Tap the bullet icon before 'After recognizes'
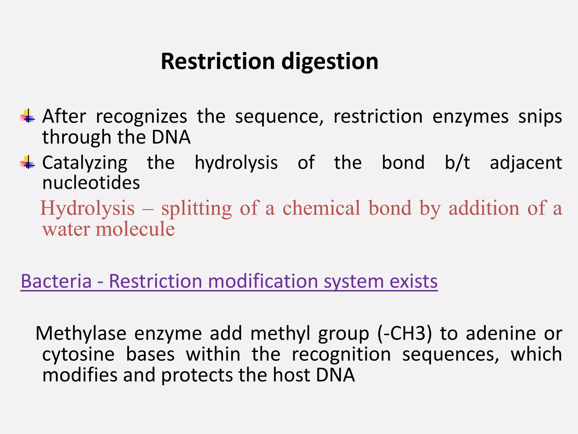[27, 116]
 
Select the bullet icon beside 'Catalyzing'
[27, 162]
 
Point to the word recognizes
[141, 117]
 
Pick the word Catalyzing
[85, 163]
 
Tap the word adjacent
[526, 163]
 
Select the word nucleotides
[91, 183]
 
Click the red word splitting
[196, 209]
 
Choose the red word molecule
[135, 229]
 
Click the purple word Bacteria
[56, 281]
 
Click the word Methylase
[81, 333]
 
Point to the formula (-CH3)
[404, 333]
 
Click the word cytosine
[78, 354]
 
